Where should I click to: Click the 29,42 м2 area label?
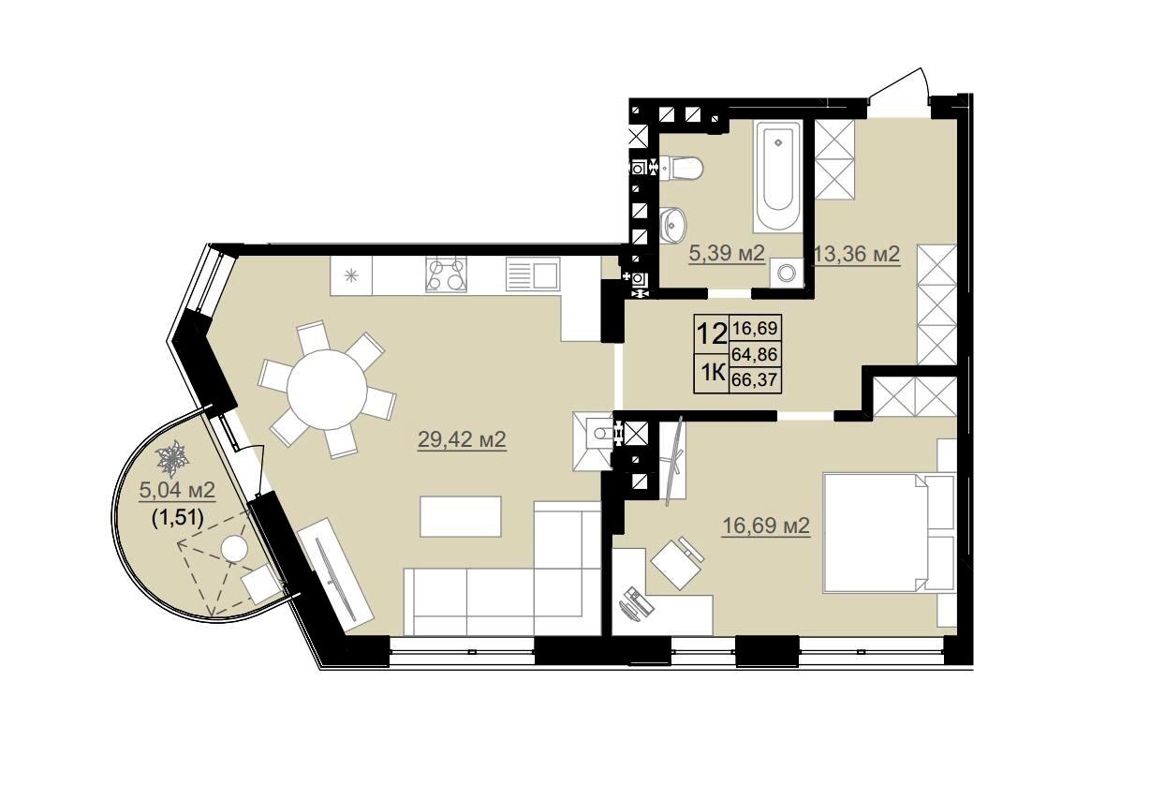tap(462, 439)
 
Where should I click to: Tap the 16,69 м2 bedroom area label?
tap(766, 526)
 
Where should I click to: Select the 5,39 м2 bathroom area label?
tap(727, 253)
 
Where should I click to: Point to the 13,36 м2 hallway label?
tap(858, 254)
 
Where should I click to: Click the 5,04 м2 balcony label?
tap(177, 490)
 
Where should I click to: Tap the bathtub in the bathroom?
tap(778, 176)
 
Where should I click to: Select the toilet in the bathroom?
tap(680, 169)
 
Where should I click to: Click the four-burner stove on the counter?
tap(446, 274)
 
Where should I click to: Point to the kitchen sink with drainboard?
tap(532, 274)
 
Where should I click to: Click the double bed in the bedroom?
tap(889, 533)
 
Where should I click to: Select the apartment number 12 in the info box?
tap(711, 334)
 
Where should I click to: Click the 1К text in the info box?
tap(711, 374)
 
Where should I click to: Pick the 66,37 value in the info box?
tap(755, 380)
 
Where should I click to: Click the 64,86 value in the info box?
tap(755, 354)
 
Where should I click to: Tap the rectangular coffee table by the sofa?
tap(461, 516)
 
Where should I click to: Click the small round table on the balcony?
tap(235, 548)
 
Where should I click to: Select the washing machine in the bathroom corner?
tap(786, 273)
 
